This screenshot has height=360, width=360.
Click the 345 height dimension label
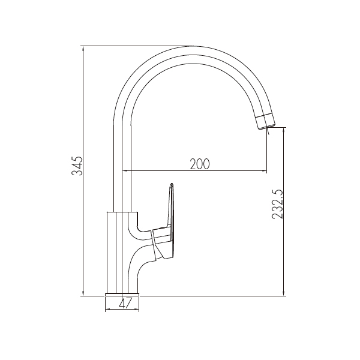coord(77,166)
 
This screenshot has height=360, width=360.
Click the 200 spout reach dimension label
coord(200,164)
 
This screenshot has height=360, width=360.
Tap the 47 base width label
coord(125,303)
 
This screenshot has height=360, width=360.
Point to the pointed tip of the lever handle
coord(171,184)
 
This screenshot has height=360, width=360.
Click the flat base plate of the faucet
coord(122,295)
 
